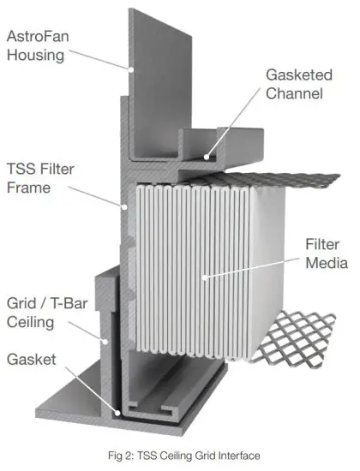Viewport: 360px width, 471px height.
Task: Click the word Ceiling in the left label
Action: click(x=33, y=322)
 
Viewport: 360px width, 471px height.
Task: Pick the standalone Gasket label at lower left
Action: click(x=33, y=361)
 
